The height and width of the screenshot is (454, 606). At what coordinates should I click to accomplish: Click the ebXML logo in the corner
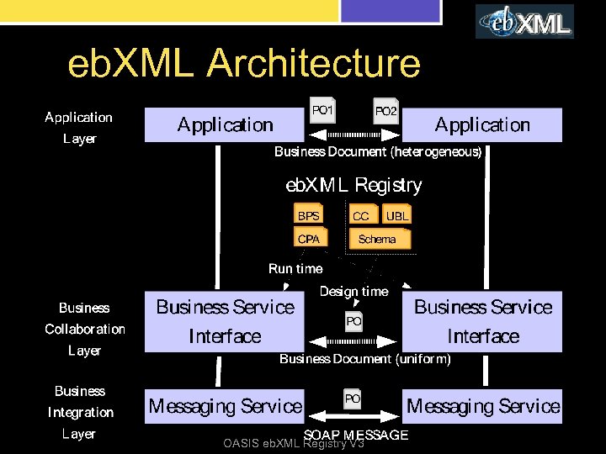(524, 21)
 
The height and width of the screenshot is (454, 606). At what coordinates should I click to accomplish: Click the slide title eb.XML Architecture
(244, 64)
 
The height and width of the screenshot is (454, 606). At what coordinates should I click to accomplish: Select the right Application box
(481, 125)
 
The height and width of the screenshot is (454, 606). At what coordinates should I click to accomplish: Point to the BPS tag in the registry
(309, 216)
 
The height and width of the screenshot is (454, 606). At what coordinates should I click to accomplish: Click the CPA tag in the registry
(309, 239)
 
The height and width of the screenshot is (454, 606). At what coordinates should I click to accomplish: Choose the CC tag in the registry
(361, 216)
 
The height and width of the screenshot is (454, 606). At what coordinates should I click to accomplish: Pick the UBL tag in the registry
(396, 216)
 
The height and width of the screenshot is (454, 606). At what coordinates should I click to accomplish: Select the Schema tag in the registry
(377, 240)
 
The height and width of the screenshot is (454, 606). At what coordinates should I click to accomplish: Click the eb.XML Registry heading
(354, 185)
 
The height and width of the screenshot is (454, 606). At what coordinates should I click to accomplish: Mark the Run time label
(295, 269)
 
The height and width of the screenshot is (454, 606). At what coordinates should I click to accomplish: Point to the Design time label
(354, 292)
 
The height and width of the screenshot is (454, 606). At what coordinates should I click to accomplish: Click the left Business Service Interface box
(225, 321)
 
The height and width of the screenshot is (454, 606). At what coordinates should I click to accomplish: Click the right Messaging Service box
(482, 406)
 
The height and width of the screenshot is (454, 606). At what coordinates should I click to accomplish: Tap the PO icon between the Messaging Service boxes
(353, 399)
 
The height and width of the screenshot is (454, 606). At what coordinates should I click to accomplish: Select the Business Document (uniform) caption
(364, 359)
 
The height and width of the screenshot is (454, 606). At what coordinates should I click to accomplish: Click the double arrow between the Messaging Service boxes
(353, 416)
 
